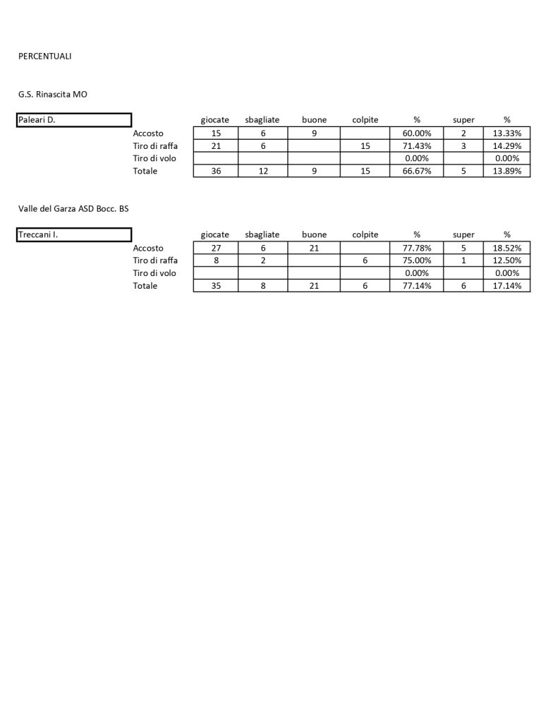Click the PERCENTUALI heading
44,56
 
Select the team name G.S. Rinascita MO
53,94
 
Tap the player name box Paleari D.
74,120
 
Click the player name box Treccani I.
74,234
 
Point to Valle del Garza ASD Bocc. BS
74,208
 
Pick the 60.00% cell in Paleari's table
416,133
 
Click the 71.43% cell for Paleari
416,145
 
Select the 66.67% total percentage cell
416,171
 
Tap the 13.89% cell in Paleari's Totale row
507,171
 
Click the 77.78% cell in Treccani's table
416,248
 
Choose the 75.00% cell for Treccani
416,261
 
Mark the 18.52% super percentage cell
507,248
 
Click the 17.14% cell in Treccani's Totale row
507,286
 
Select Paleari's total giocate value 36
216,171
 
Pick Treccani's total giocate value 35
216,286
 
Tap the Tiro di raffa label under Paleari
155,145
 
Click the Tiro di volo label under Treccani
154,273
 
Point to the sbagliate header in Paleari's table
262,120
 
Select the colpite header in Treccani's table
365,234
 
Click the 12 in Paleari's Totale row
263,171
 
